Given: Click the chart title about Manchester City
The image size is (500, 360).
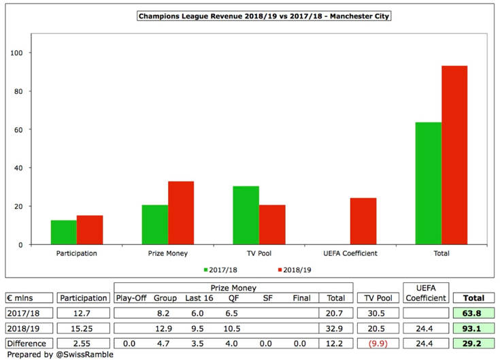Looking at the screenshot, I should click(250, 15).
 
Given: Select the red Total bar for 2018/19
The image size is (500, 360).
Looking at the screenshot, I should click(454, 155).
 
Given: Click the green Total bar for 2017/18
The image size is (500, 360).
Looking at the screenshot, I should click(429, 183).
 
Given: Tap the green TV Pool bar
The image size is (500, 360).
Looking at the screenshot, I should click(246, 215).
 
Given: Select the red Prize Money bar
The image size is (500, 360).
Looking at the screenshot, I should click(181, 212).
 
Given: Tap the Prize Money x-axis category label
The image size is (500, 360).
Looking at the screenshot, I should click(168, 254).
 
